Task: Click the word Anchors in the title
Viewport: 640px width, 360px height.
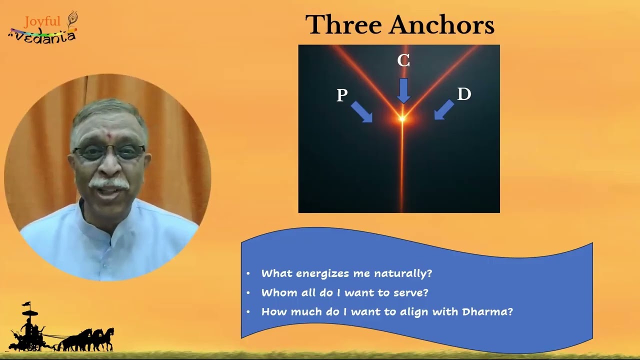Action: click(442, 24)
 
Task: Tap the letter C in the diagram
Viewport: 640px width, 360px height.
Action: click(403, 60)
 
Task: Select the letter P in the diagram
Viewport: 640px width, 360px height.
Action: click(342, 95)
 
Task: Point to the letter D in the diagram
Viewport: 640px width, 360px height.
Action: click(464, 94)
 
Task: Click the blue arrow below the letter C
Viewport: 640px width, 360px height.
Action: click(403, 91)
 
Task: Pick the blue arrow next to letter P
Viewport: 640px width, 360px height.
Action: click(361, 112)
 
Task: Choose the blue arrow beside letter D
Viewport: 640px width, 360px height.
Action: click(444, 109)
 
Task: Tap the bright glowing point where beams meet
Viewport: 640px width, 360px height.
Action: click(402, 118)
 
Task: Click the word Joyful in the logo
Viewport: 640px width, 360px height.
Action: click(42, 21)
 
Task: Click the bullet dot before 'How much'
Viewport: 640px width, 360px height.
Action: click(248, 311)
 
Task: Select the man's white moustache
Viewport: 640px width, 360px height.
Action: click(109, 183)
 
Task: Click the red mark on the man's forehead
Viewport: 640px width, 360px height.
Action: click(108, 133)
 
